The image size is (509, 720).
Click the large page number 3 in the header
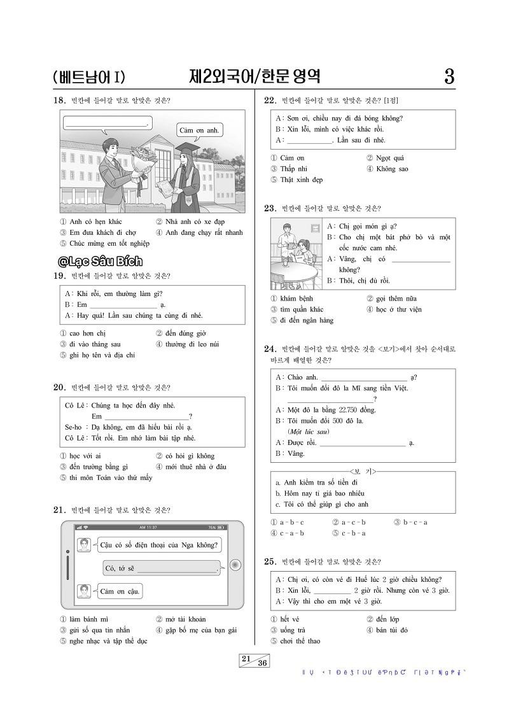[x=449, y=78]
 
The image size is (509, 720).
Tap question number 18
[x=60, y=100]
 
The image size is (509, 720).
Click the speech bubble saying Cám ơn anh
[x=199, y=131]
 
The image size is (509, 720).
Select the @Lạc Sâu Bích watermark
[x=100, y=261]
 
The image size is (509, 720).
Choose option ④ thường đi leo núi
[x=187, y=344]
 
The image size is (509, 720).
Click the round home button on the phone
[x=235, y=565]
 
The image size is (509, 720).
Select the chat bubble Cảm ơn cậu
[x=119, y=592]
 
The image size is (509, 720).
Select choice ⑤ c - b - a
[x=347, y=533]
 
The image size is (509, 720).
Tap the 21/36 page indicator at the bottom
[x=254, y=661]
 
